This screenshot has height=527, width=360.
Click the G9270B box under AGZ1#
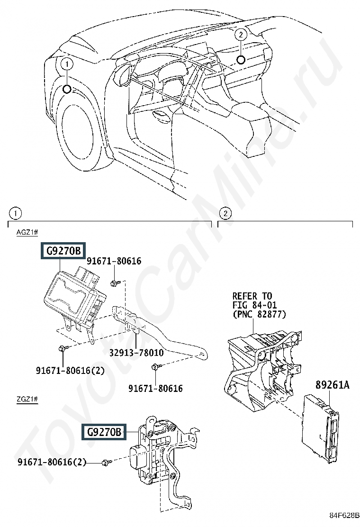click(x=63, y=251)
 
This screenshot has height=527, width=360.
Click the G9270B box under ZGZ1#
click(x=104, y=431)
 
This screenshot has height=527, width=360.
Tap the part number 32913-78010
click(x=136, y=353)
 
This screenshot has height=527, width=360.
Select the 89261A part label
click(x=332, y=384)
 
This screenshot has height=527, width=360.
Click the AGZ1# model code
click(x=27, y=232)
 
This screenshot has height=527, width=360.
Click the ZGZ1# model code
click(x=27, y=400)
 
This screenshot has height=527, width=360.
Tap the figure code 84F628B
click(x=344, y=524)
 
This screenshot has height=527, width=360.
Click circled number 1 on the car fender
click(x=67, y=64)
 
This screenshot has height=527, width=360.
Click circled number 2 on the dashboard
click(x=241, y=34)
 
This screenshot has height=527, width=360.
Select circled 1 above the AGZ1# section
click(x=15, y=213)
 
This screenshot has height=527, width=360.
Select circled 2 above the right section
click(x=225, y=213)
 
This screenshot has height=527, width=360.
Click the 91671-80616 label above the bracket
click(x=114, y=261)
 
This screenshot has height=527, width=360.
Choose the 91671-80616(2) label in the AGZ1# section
click(x=70, y=371)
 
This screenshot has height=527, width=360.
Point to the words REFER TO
click(x=252, y=296)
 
